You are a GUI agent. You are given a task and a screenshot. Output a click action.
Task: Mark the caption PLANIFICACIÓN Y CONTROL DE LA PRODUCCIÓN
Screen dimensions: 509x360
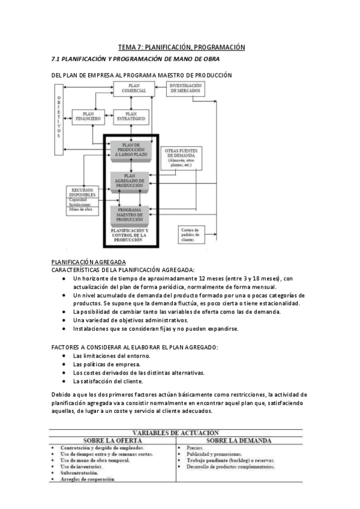130,235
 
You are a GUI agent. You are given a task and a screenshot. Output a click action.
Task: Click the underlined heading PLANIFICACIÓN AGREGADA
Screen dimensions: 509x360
89,262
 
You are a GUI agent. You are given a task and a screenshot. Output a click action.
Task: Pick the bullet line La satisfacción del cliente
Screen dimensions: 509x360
107,381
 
